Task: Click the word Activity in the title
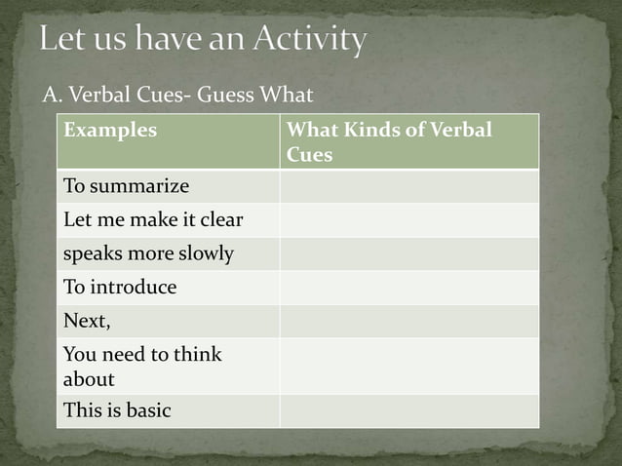[310, 41]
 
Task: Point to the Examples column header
[110, 131]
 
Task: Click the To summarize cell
[126, 185]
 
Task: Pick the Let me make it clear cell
[152, 219]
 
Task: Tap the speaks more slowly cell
[148, 253]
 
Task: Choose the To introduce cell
[120, 288]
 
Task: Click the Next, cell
[87, 321]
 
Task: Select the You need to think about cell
[142, 366]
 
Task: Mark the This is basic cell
[117, 410]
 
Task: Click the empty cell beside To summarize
[408, 185]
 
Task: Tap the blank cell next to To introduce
[408, 288]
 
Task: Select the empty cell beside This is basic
[408, 410]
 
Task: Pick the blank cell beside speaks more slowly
[408, 253]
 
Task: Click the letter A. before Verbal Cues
[52, 95]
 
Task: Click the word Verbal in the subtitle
[96, 95]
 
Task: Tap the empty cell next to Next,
[408, 321]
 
